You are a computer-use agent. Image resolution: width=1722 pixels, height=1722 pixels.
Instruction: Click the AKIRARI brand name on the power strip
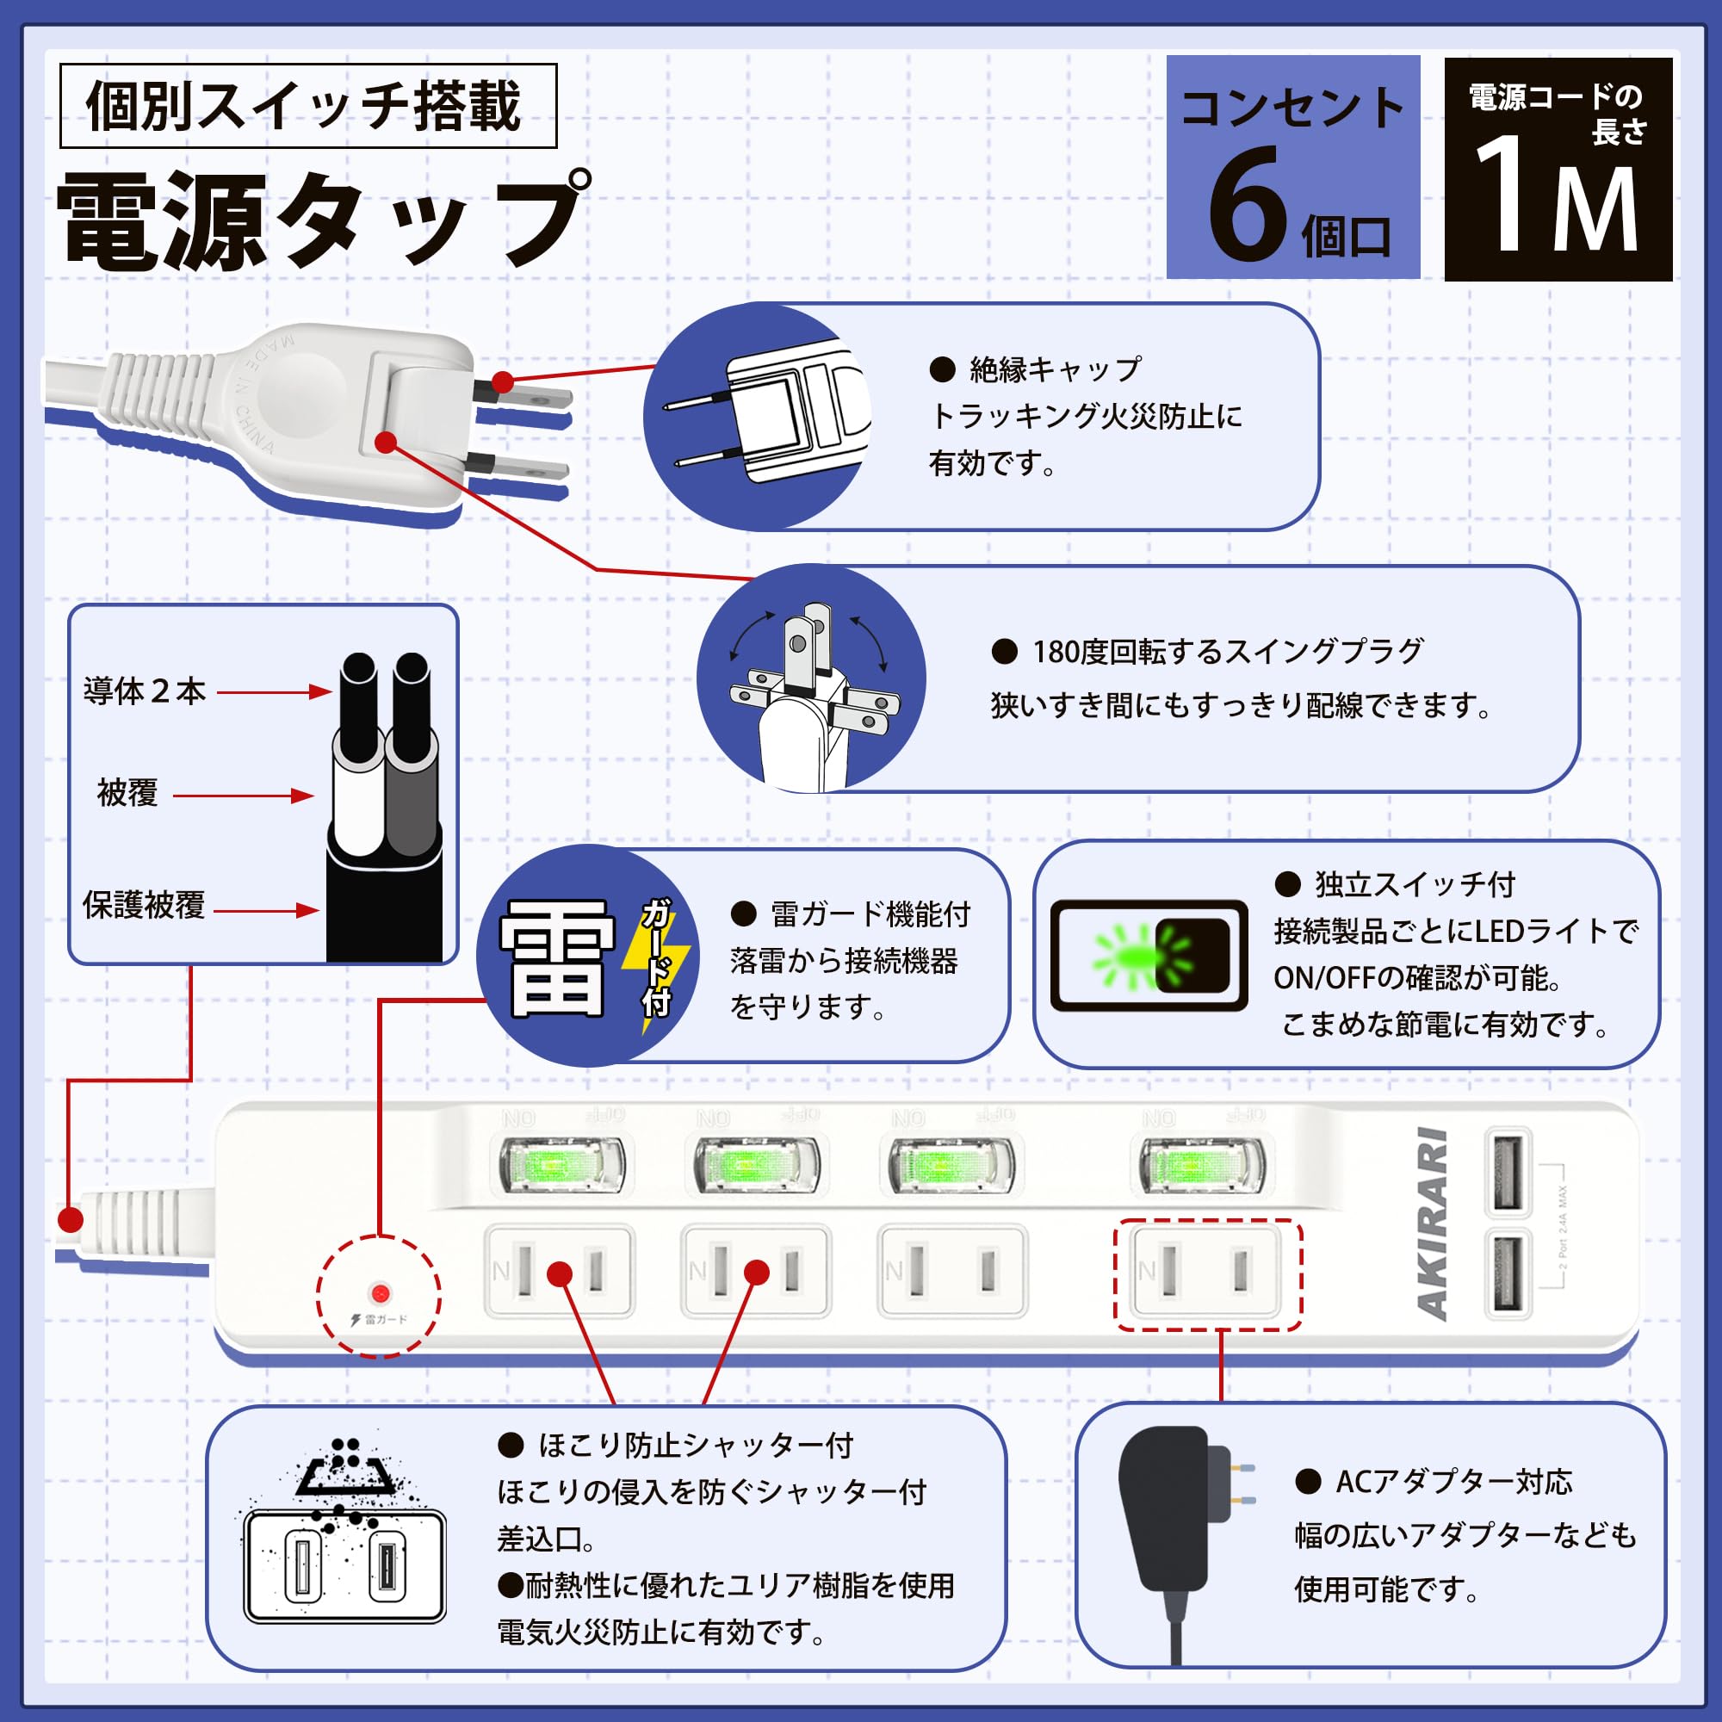coord(1433,1223)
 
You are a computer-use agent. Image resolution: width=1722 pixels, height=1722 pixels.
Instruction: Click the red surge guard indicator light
coord(380,1293)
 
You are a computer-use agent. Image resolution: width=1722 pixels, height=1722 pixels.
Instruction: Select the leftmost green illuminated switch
coord(561,1164)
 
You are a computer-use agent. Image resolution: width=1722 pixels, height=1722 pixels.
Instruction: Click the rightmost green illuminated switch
coord(1202,1164)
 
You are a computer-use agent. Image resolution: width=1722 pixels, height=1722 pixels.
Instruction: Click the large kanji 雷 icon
coord(556,958)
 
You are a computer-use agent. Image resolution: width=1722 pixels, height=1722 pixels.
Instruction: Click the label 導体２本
coord(145,691)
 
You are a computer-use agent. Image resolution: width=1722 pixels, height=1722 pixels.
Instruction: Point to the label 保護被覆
coord(144,905)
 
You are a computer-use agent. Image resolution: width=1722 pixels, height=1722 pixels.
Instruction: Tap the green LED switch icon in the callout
coord(1148,955)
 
